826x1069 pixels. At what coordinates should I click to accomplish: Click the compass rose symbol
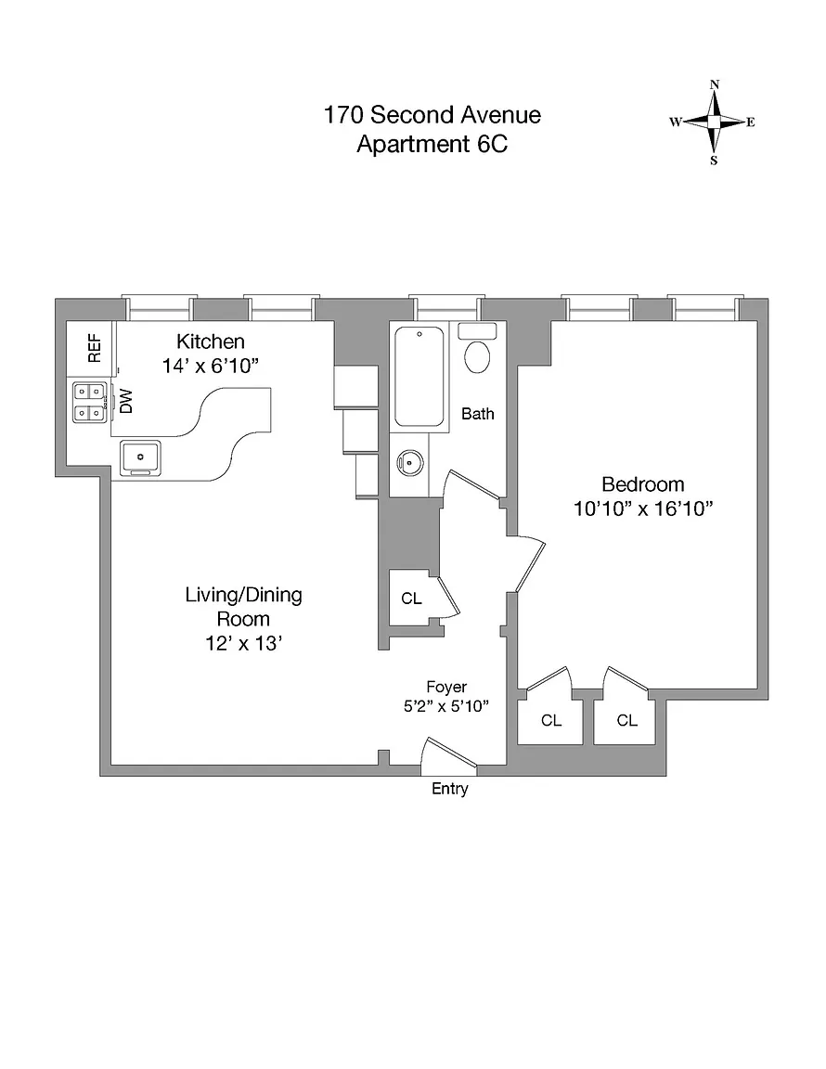[x=714, y=122]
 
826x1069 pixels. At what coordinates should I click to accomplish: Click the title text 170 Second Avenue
[x=432, y=115]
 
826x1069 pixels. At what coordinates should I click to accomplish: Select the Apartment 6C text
[x=432, y=145]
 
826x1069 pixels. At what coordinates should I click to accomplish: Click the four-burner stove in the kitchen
[x=90, y=403]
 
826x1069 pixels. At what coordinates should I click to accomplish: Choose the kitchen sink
[x=140, y=456]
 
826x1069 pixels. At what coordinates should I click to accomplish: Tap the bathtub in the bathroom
[x=419, y=376]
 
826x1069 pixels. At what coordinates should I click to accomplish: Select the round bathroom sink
[x=408, y=461]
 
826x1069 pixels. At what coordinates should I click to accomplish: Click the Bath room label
[x=478, y=414]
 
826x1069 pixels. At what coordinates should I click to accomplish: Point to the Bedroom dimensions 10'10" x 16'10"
[x=643, y=509]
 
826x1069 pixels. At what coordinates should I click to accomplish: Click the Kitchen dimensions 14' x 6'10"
[x=210, y=367]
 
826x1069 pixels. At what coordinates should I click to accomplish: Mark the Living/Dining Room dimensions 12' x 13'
[x=243, y=643]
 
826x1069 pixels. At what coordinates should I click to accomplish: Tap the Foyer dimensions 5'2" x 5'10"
[x=445, y=706]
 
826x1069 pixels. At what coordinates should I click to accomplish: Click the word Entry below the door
[x=450, y=790]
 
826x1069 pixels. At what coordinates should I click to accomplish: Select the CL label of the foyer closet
[x=411, y=599]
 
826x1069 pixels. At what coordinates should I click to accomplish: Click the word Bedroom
[x=643, y=484]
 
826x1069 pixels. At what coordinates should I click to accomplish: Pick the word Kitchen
[x=211, y=341]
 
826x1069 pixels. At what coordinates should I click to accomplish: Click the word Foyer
[x=446, y=687]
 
